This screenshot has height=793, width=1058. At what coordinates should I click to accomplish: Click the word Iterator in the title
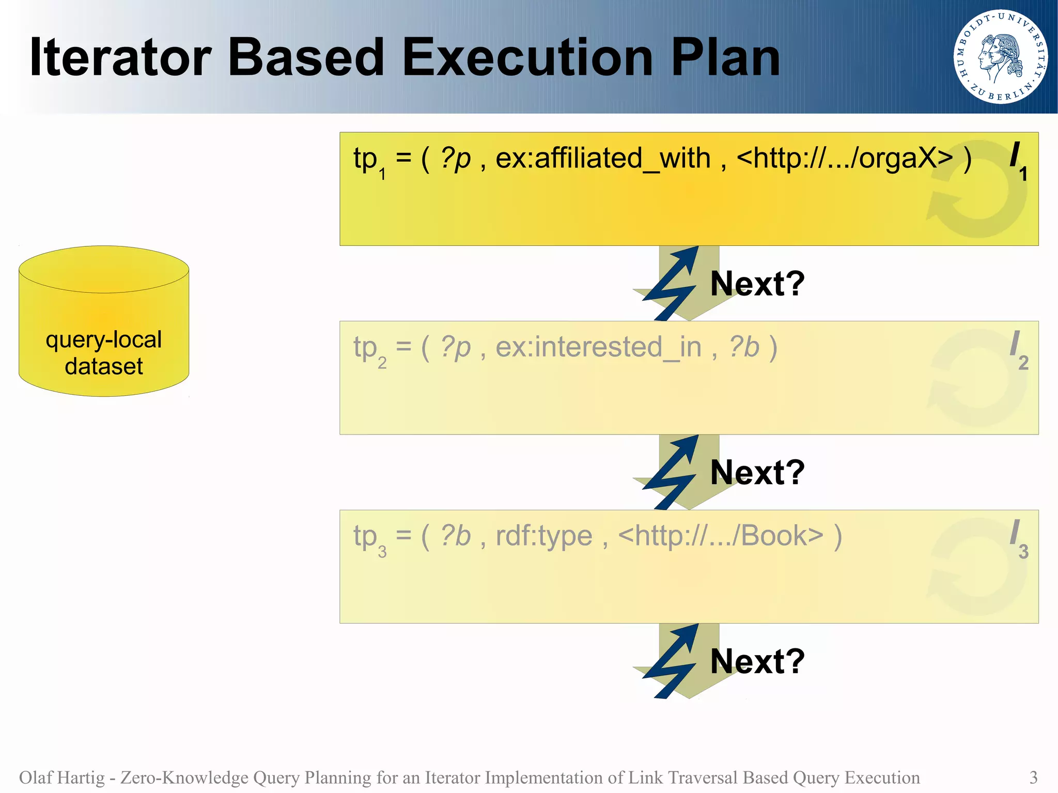coord(120,58)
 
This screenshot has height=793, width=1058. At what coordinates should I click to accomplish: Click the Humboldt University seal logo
coord(1000,57)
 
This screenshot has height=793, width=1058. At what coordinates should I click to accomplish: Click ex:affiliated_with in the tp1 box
coord(603,158)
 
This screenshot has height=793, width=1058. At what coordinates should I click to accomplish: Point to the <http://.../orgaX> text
coord(844,158)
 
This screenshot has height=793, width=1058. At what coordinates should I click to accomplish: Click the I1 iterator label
coord(1018,160)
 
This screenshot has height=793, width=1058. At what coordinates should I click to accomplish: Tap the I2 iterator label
coord(1018,349)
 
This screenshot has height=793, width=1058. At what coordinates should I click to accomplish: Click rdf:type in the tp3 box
coord(543,536)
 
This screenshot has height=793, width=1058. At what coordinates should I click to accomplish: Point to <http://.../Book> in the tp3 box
coord(720,536)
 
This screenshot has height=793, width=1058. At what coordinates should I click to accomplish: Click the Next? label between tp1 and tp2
coord(757,284)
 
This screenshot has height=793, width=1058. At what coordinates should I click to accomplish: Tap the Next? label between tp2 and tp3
coord(757,472)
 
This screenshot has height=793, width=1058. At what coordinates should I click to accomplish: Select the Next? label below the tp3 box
coord(757,661)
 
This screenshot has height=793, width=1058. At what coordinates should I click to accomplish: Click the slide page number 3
coord(1033,778)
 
